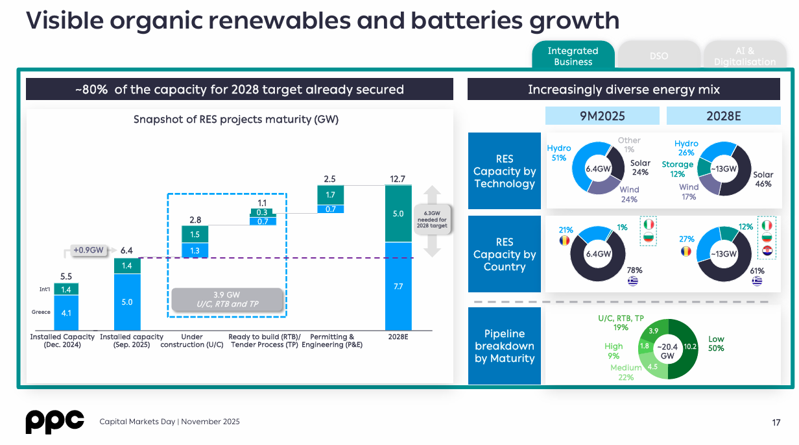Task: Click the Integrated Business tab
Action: (573, 56)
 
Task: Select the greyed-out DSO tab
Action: (658, 56)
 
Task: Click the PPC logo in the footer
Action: (54, 422)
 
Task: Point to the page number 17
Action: (776, 422)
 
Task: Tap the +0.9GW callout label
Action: (88, 250)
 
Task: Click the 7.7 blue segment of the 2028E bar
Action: (398, 286)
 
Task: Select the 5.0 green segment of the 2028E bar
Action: (398, 214)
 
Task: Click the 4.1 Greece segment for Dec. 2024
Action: (66, 312)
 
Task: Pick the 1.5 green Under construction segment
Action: (195, 235)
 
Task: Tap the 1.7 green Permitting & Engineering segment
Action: (330, 195)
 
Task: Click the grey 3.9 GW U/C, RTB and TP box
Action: (228, 299)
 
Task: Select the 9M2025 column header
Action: (602, 116)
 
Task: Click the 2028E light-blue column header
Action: (723, 116)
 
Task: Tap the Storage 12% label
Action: (677, 169)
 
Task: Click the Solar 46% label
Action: (763, 179)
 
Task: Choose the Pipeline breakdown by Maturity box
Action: (504, 346)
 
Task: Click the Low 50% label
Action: (716, 344)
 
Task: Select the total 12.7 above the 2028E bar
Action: (398, 179)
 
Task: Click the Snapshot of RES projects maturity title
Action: (236, 120)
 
